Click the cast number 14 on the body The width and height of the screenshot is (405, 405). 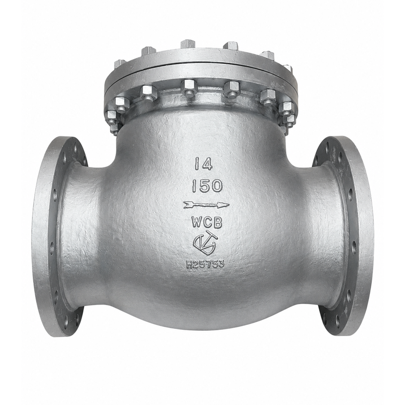[203, 164]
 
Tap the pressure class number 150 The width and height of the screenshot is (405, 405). [207, 186]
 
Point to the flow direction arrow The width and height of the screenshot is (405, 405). [206, 205]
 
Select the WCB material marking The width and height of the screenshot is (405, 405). [207, 222]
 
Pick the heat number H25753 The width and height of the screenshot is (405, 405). [205, 264]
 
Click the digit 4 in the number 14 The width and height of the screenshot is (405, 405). [207, 164]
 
